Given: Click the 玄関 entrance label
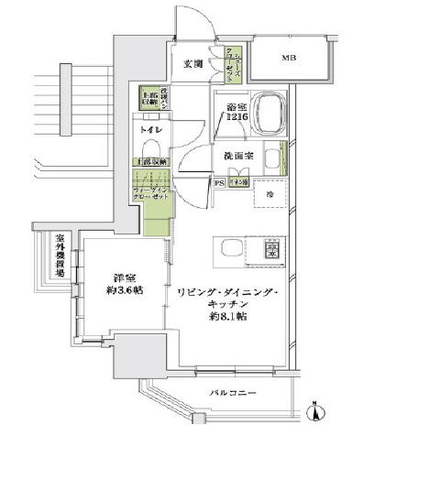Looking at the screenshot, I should (x=193, y=64).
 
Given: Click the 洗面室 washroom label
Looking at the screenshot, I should (x=237, y=156).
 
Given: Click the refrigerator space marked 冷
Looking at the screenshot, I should (x=270, y=195).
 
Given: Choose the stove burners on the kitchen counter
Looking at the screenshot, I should (x=271, y=248).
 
